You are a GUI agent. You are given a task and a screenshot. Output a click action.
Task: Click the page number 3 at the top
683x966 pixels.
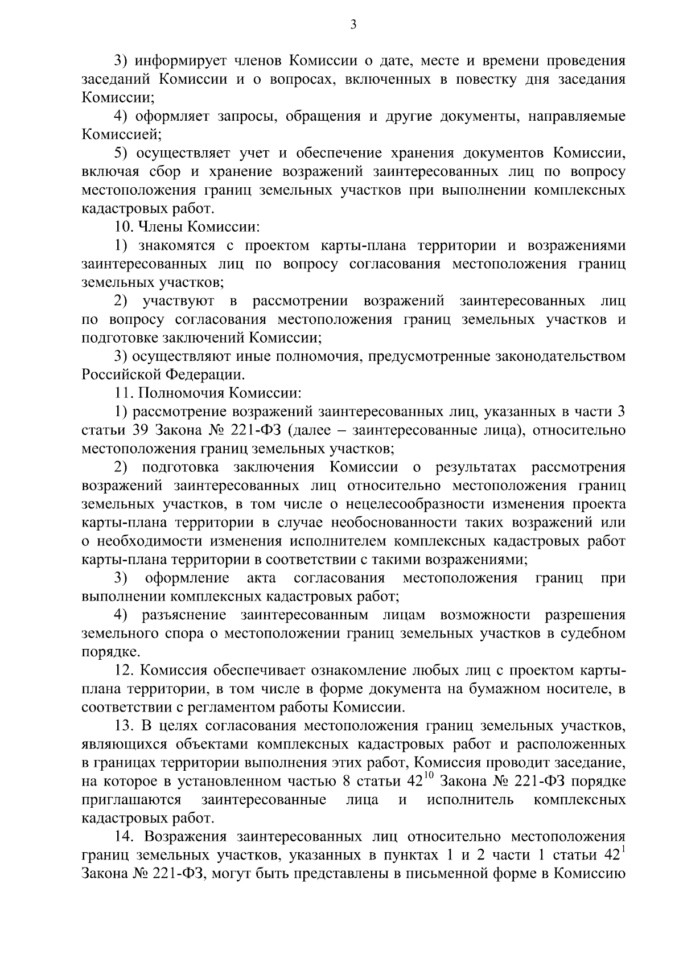(353, 24)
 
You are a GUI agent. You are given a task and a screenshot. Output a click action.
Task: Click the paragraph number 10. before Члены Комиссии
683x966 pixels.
(124, 227)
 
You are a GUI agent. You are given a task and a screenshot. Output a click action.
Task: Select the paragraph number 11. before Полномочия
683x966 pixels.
(124, 393)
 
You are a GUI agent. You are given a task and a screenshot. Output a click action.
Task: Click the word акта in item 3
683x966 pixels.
(262, 578)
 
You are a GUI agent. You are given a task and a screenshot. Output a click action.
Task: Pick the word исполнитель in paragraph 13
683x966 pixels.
(470, 800)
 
